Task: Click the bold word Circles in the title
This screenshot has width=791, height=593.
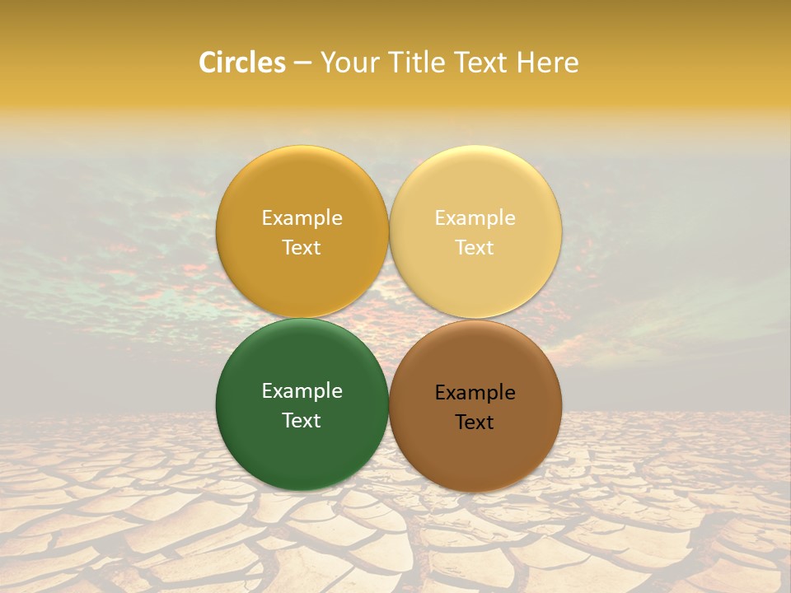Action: [242, 63]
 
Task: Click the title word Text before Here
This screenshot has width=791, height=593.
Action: [480, 63]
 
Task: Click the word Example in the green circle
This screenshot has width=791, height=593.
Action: [302, 391]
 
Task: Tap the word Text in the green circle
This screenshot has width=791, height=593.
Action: [302, 420]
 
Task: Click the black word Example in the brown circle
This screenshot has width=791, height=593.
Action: [475, 393]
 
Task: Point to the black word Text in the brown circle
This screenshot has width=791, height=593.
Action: [475, 422]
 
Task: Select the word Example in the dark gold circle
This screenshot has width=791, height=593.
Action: [302, 218]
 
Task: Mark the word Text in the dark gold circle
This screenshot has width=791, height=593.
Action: [302, 247]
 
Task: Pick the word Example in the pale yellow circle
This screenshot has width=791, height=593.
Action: [475, 218]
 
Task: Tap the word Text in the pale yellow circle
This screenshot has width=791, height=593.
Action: [475, 247]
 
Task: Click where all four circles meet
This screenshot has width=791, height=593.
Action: [389, 319]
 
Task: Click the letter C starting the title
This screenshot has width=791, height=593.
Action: [208, 63]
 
